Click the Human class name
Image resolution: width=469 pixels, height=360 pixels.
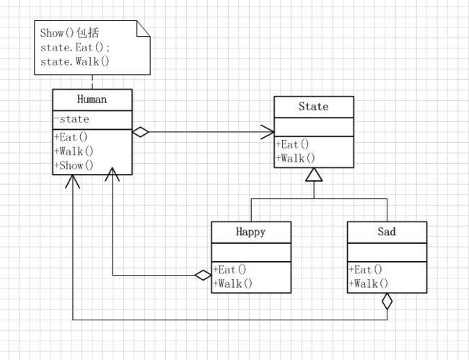(92, 100)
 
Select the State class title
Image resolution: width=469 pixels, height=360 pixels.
(313, 107)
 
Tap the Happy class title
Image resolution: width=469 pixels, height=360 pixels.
(250, 232)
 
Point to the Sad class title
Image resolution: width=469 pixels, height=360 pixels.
(387, 232)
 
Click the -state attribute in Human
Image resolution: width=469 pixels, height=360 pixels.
(71, 119)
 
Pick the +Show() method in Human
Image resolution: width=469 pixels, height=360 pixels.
(74, 165)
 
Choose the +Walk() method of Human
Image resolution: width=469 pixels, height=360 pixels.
(74, 152)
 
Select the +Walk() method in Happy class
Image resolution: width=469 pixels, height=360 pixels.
(232, 284)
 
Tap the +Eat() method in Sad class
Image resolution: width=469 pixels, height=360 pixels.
(366, 270)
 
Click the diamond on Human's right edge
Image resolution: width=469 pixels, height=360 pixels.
(141, 132)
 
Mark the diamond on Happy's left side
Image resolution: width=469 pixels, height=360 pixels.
(203, 275)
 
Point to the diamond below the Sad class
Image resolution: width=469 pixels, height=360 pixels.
(387, 302)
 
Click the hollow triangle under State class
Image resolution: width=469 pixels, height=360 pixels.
(314, 175)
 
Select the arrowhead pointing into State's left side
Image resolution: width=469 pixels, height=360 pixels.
(268, 132)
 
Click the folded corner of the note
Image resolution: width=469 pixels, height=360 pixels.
(144, 29)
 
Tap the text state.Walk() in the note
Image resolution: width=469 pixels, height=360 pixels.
(75, 62)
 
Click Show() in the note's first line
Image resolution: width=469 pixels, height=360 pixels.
(57, 33)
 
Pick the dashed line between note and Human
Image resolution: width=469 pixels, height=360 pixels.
(92, 82)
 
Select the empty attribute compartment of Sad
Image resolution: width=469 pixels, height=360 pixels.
(387, 253)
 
